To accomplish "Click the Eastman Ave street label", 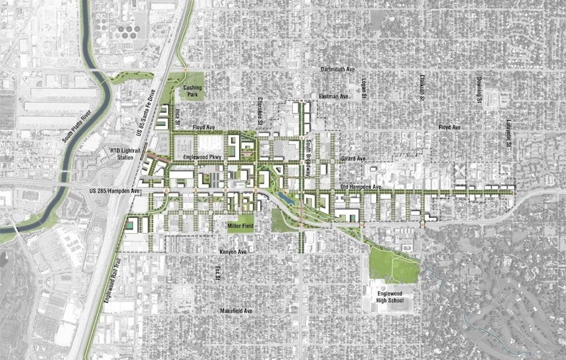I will click(x=334, y=96).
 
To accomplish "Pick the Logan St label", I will click(x=364, y=88).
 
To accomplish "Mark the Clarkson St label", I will click(x=422, y=89).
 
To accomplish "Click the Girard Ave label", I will click(x=353, y=160).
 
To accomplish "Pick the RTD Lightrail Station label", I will click(x=122, y=154).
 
